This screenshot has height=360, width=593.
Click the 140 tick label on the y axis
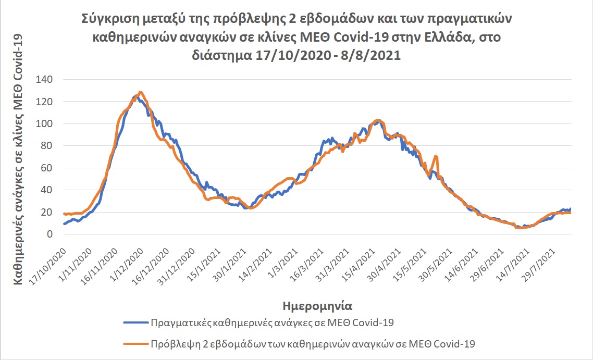point(44,80)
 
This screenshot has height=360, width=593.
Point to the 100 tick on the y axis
point(44,124)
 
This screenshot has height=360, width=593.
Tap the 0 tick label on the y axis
point(50,234)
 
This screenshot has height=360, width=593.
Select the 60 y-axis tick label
point(47,168)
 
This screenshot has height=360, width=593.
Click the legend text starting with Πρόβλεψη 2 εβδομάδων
point(313,343)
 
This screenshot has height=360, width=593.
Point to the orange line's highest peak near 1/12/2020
point(140,92)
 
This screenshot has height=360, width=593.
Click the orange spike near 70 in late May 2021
point(435,156)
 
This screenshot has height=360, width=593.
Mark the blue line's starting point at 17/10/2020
point(64,224)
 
